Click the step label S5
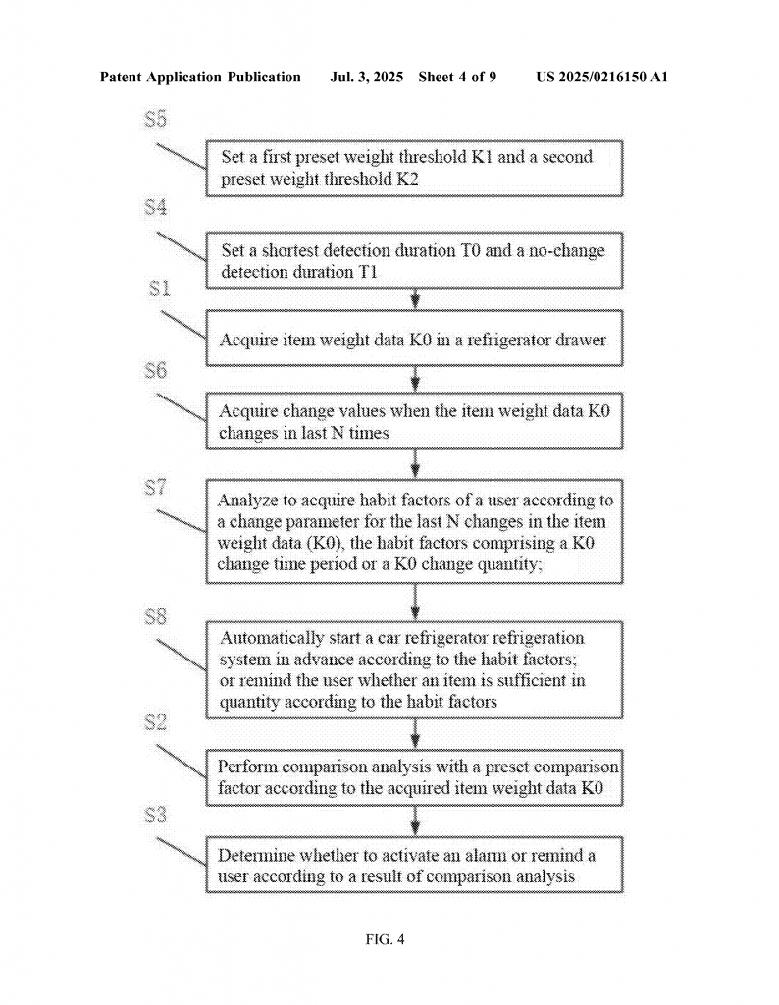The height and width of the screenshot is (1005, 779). (x=156, y=119)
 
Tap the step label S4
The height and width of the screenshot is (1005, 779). (x=156, y=208)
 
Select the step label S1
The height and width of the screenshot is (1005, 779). (x=160, y=289)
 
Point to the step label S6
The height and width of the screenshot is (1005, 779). (x=156, y=370)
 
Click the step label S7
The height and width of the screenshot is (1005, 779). (x=156, y=488)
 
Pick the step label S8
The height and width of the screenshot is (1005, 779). (x=156, y=616)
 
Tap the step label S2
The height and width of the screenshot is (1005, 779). (x=156, y=722)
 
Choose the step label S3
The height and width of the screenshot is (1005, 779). (x=156, y=816)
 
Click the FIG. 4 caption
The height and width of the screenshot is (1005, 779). (x=385, y=939)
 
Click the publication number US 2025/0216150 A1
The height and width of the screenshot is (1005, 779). (x=601, y=78)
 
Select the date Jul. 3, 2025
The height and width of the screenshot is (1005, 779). (x=366, y=78)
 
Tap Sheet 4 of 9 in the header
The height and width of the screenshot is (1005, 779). (x=457, y=78)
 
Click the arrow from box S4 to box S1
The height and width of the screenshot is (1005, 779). (x=415, y=299)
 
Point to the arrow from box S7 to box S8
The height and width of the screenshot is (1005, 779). (x=415, y=603)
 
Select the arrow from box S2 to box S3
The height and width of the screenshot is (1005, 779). (x=415, y=821)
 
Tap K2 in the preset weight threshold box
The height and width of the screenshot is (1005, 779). (x=407, y=179)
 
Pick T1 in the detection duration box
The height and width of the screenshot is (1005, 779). (x=366, y=272)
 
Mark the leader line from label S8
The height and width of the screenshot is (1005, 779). (x=182, y=655)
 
